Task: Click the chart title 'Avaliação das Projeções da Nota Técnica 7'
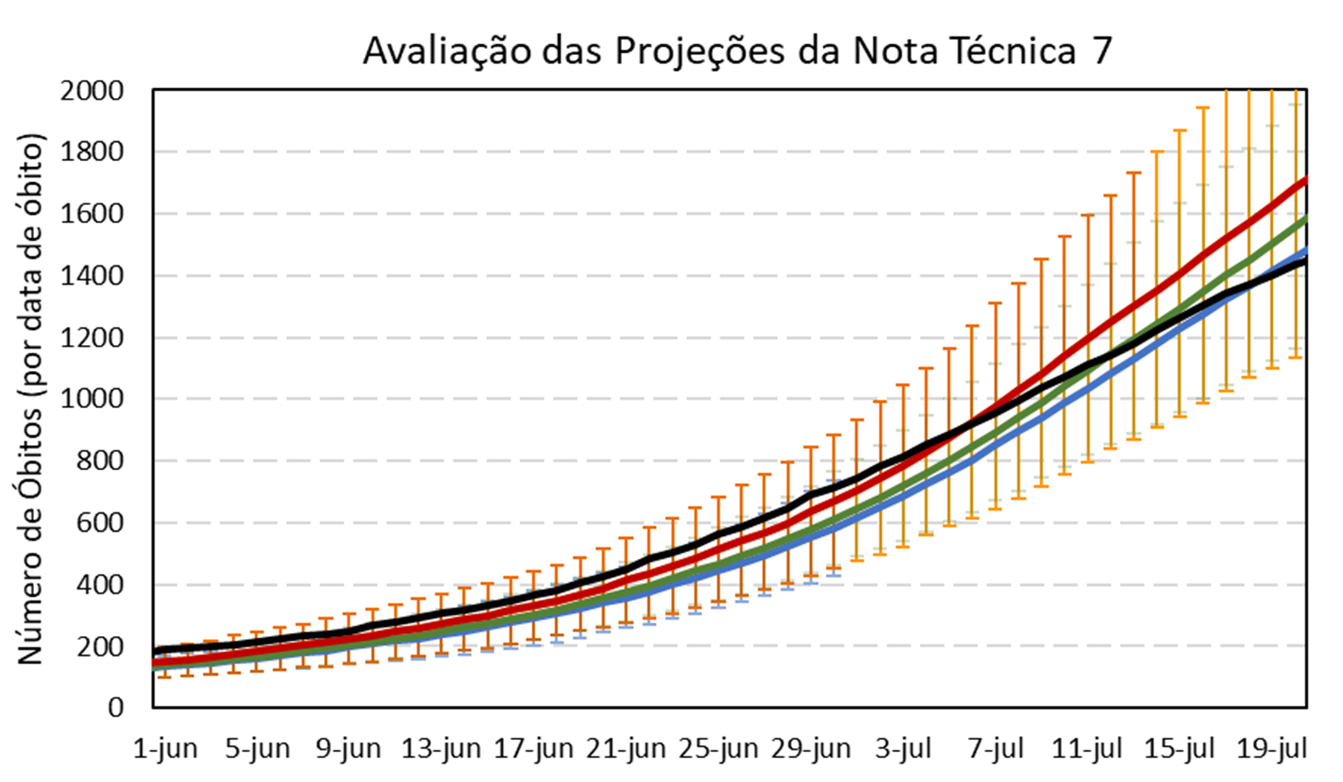[x=737, y=52]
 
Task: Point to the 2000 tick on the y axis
[x=93, y=92]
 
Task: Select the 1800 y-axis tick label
[x=93, y=152]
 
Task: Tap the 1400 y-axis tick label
[x=93, y=276]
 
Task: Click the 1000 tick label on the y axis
[x=93, y=399]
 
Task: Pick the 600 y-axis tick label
[x=103, y=522]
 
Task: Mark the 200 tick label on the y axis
[x=103, y=646]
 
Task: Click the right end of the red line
[x=1305, y=180]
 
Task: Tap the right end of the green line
[x=1305, y=217]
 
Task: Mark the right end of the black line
[x=1305, y=260]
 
